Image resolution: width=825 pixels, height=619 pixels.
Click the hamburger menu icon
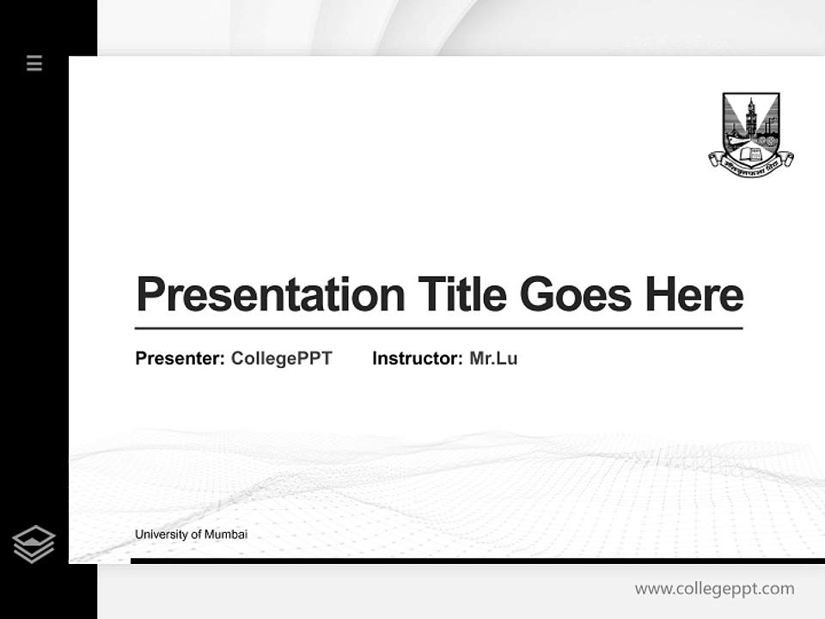pyautogui.click(x=34, y=63)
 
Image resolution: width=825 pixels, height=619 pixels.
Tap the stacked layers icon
pyautogui.click(x=34, y=544)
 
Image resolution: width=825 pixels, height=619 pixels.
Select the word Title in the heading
pyautogui.click(x=461, y=294)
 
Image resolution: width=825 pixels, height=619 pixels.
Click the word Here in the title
pyautogui.click(x=694, y=294)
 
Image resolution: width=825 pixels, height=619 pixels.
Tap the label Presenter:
pyautogui.click(x=180, y=359)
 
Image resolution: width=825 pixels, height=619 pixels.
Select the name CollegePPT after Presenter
pyautogui.click(x=281, y=359)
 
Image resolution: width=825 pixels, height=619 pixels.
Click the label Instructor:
pyautogui.click(x=417, y=359)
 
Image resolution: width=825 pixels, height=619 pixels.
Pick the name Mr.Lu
pyautogui.click(x=493, y=359)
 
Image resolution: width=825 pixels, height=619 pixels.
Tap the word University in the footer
pyautogui.click(x=161, y=535)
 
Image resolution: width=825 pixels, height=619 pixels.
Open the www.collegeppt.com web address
pyautogui.click(x=714, y=589)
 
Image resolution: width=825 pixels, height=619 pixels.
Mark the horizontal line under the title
pyautogui.click(x=438, y=328)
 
